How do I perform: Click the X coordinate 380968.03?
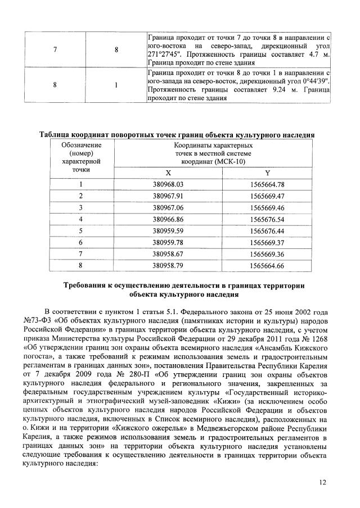click(168, 184)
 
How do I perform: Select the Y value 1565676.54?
click(268, 219)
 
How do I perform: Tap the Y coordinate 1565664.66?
click(268, 266)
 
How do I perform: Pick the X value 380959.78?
click(168, 243)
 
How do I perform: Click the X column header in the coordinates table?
click(168, 173)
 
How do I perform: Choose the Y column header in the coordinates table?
click(268, 173)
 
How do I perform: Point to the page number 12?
click(322, 482)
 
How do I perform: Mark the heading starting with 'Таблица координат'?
click(176, 135)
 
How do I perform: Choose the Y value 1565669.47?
click(268, 196)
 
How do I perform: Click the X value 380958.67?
click(168, 255)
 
